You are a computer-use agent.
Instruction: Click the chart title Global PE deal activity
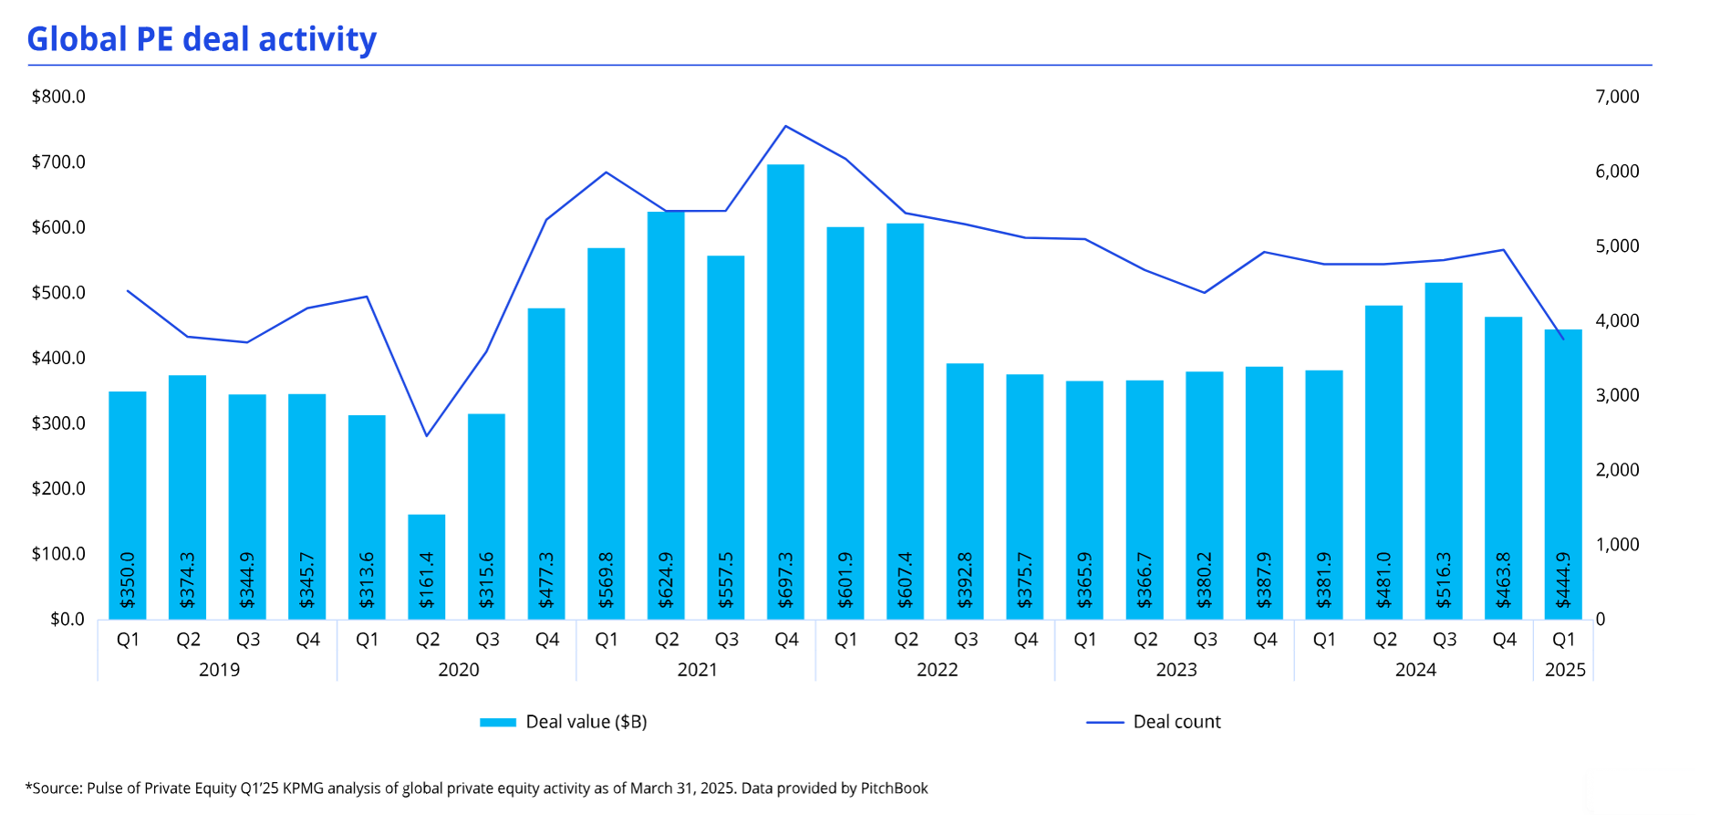click(x=202, y=39)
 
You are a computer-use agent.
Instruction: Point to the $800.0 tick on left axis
click(x=58, y=97)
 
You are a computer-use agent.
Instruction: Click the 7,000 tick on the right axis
click(x=1617, y=97)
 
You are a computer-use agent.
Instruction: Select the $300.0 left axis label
click(x=58, y=423)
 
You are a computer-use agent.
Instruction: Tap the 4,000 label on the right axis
click(x=1617, y=320)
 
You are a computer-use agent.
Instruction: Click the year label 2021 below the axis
click(x=698, y=670)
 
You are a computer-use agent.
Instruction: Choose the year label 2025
click(x=1565, y=670)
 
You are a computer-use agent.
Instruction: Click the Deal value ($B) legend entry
click(x=586, y=722)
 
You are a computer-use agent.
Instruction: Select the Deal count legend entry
click(x=1176, y=722)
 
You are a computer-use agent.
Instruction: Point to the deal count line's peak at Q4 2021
click(x=785, y=126)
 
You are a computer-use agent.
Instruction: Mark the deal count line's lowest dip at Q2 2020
click(x=426, y=435)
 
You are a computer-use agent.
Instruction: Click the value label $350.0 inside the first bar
click(x=128, y=580)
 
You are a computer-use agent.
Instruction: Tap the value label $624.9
click(x=667, y=580)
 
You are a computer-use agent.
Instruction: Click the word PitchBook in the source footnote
click(x=894, y=788)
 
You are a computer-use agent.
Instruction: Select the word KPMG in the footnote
click(x=303, y=788)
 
